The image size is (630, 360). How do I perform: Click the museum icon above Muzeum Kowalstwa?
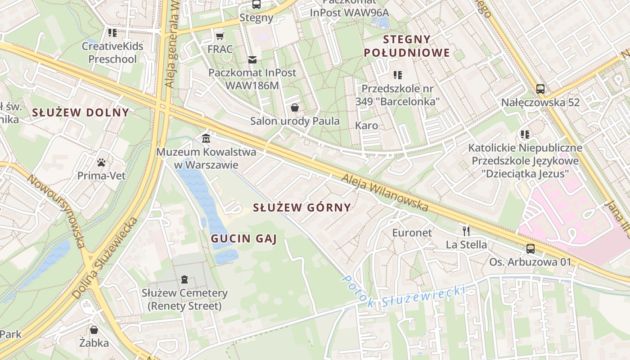tap(206, 138)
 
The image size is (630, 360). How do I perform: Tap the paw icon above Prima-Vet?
tap(101, 162)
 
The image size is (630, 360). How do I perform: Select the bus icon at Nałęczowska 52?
tap(540, 89)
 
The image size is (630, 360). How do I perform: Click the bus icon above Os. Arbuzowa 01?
tap(531, 248)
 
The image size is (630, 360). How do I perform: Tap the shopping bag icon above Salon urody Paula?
tap(295, 108)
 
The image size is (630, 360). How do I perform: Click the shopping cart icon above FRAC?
tap(220, 36)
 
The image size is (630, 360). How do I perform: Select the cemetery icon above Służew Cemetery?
tap(184, 279)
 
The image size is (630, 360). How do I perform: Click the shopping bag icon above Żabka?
tap(94, 330)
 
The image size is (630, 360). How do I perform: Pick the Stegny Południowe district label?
tap(407, 46)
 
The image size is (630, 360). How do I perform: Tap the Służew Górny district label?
tap(301, 207)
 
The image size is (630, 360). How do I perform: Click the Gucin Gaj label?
tap(243, 238)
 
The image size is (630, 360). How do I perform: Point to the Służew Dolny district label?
tap(81, 112)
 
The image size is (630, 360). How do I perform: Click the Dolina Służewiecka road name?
tap(104, 258)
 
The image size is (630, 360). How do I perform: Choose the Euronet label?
tap(412, 233)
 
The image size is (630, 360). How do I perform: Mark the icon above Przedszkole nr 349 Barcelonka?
tap(397, 75)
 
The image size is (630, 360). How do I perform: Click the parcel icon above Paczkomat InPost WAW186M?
tap(252, 59)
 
